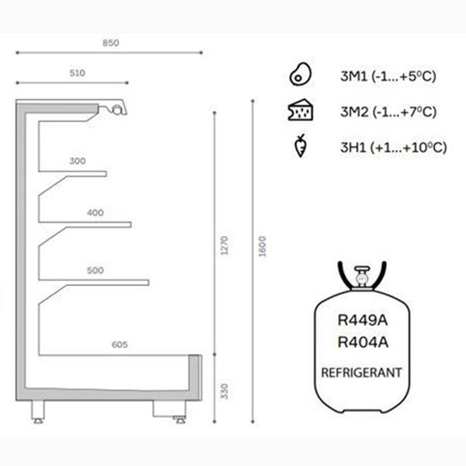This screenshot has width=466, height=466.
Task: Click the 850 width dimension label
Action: pyautogui.click(x=111, y=43)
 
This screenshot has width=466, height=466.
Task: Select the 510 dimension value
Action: pyautogui.click(x=77, y=73)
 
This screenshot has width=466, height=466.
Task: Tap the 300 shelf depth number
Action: pyautogui.click(x=78, y=161)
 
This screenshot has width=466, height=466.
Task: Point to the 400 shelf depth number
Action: pyautogui.click(x=96, y=213)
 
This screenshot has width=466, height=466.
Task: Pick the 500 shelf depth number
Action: pyautogui.click(x=96, y=270)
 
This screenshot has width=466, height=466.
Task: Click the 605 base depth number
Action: pyautogui.click(x=120, y=344)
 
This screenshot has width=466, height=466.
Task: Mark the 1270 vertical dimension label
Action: pyautogui.click(x=224, y=245)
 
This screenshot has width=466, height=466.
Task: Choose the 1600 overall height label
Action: pyautogui.click(x=263, y=246)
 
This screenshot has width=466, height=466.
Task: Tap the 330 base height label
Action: pyautogui.click(x=224, y=391)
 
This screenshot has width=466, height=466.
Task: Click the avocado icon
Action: pyautogui.click(x=301, y=75)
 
